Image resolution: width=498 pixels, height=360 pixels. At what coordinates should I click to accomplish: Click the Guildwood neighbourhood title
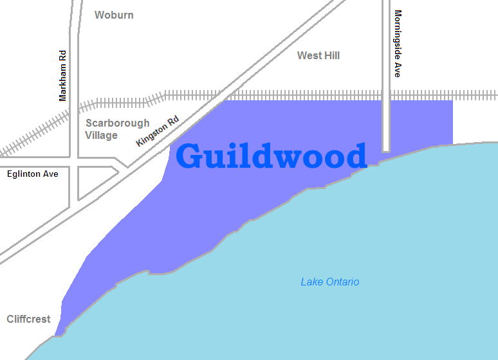pos(271,157)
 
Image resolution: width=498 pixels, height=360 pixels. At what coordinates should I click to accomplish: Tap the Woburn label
pos(114,15)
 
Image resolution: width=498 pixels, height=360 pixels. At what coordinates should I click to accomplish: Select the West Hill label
pos(318,56)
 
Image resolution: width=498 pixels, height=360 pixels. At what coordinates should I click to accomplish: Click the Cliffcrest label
pos(28,319)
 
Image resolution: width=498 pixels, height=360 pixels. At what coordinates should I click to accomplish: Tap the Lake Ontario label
pos(330,282)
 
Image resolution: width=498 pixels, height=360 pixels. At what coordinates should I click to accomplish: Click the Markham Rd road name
pos(62,76)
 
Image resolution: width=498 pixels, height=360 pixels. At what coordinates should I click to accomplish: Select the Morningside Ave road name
pos(398,44)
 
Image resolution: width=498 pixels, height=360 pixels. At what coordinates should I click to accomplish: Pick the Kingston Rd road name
pos(157,131)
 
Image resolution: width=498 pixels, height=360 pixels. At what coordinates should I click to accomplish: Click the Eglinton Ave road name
pos(33,174)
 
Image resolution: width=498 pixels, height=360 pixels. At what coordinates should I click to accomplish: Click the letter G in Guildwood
pos(191,157)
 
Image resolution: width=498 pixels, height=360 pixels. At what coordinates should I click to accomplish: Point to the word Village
pos(102,136)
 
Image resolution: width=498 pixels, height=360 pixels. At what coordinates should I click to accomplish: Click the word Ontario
pos(341,282)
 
